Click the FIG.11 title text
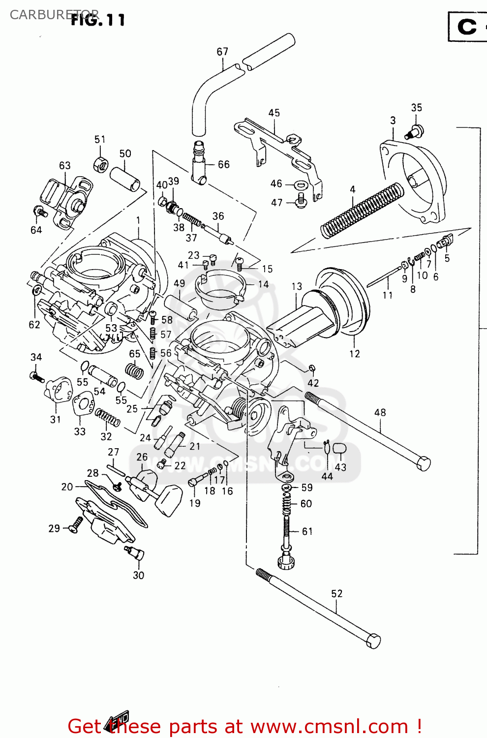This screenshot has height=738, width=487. point(98,20)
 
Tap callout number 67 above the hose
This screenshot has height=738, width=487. point(222,52)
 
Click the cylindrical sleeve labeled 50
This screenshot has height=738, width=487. point(124,179)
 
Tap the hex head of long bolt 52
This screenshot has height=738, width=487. point(373,640)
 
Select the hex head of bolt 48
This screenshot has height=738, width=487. point(423,463)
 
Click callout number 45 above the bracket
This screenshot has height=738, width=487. point(274,113)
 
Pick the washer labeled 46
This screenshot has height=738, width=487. point(301,185)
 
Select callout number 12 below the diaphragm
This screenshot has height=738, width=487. point(355,354)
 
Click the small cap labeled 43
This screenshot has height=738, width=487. point(340,448)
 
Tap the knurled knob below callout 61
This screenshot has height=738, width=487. point(285,561)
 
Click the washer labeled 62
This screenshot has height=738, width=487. point(35,291)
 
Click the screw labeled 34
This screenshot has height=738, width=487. point(36,377)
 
